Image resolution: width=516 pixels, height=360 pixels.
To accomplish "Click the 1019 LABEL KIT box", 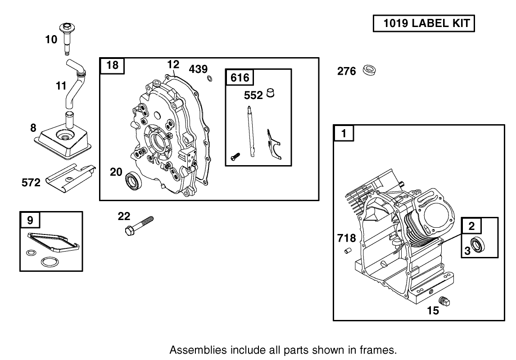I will [x=424, y=23].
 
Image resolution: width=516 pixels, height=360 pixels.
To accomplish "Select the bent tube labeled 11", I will [x=74, y=85].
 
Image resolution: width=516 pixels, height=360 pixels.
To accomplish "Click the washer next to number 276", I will [x=369, y=71].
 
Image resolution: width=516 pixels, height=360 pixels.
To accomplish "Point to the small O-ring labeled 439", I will [x=210, y=79].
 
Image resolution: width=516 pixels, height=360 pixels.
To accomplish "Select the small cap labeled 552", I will [x=271, y=93].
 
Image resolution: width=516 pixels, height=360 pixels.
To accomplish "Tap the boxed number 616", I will [x=240, y=77].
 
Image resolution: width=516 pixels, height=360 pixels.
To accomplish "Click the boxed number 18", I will [x=112, y=66].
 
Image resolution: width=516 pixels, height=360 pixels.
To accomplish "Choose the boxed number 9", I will [x=30, y=220].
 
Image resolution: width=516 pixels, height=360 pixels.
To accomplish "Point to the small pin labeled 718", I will [x=347, y=251].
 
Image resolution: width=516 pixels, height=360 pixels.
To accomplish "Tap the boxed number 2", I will [x=471, y=226].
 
